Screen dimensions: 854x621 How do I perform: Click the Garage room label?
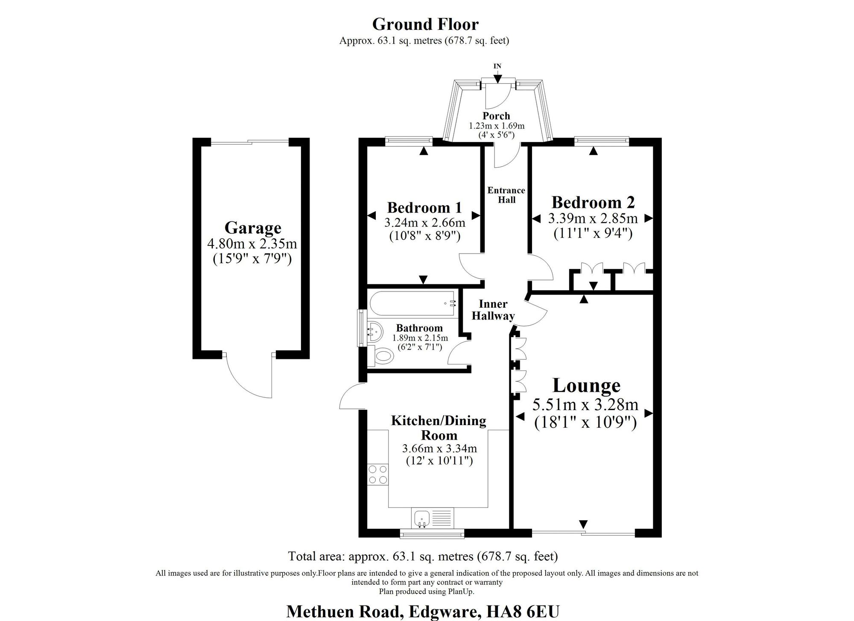(253, 228)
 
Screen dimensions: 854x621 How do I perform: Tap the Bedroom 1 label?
(424, 208)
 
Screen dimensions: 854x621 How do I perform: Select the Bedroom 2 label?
(593, 202)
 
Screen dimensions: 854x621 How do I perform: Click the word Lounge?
(586, 385)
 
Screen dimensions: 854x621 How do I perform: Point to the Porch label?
(496, 116)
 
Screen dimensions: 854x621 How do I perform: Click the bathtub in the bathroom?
(412, 303)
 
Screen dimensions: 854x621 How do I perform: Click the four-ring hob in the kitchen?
(378, 474)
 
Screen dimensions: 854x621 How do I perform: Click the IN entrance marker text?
(497, 66)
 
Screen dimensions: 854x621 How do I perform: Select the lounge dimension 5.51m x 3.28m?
(585, 404)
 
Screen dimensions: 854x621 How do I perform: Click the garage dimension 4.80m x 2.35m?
(252, 244)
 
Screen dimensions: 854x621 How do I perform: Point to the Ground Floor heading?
(425, 24)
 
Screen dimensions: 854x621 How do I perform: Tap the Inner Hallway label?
(493, 310)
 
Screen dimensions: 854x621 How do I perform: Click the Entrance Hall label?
(506, 195)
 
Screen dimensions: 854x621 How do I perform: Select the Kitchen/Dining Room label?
(439, 428)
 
